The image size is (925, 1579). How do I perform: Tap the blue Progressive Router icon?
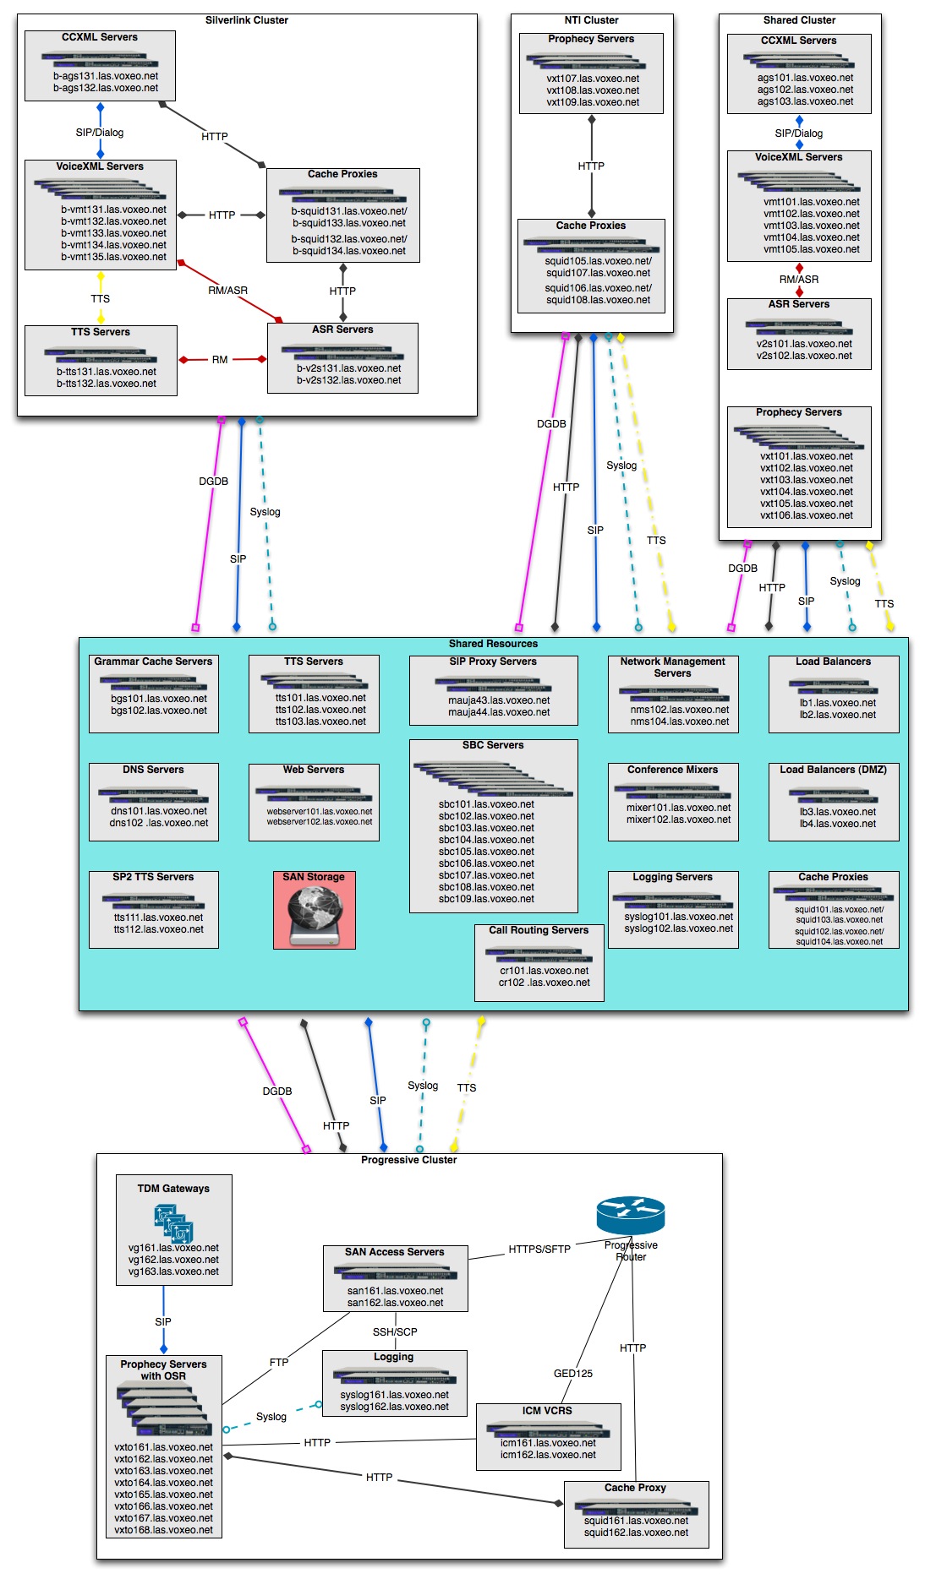[x=630, y=1216]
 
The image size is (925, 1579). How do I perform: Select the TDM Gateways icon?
[x=173, y=1222]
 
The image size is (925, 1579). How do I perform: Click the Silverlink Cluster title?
[x=247, y=20]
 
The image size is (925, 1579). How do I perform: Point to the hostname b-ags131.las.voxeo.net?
[x=106, y=76]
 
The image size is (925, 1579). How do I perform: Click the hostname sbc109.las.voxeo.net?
[x=486, y=899]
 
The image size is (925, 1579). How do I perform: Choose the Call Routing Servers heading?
[x=539, y=930]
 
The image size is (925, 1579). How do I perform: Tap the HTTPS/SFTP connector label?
[x=539, y=1249]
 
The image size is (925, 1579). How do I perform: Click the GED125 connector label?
[x=573, y=1373]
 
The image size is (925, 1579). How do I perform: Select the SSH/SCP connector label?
[x=395, y=1331]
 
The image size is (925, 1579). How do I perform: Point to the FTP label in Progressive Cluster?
[x=279, y=1362]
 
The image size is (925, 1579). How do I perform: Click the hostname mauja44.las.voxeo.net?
[x=499, y=712]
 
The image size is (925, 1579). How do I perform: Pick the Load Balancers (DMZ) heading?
[x=833, y=770]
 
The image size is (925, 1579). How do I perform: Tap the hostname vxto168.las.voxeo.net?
[x=164, y=1529]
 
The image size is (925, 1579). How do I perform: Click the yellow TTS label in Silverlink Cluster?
[x=101, y=298]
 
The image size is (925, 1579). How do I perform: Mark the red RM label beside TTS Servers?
[x=220, y=360]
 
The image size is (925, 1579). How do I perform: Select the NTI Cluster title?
[x=592, y=20]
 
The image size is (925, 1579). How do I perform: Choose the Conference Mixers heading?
[x=672, y=770]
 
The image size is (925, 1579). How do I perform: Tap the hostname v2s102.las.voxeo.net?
[x=804, y=356]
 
